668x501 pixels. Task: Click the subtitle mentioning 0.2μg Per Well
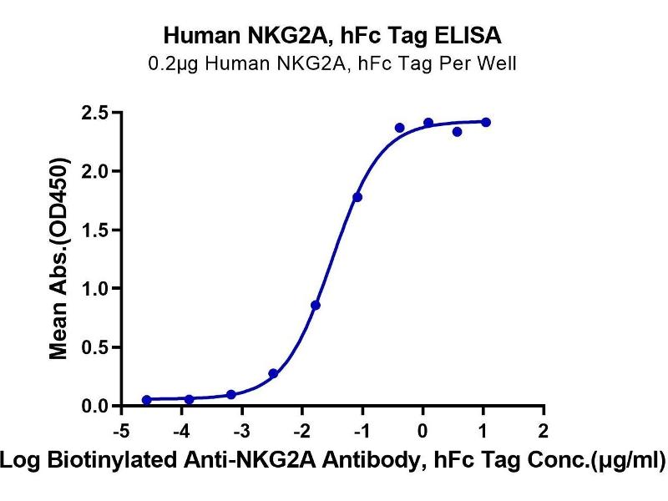333,63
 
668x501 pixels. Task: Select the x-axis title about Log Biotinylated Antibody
334,459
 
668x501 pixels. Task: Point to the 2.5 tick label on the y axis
94,113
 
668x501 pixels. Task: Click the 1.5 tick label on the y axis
94,230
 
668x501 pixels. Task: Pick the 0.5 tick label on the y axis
94,347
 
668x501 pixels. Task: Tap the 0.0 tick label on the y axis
94,407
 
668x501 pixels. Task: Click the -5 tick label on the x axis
121,430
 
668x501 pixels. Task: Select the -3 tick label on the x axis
241,430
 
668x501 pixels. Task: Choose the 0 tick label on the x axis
423,430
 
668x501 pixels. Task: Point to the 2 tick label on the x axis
544,430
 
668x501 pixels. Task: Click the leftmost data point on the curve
147,400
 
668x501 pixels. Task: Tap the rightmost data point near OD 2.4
486,122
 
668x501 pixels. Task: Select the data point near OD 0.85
316,305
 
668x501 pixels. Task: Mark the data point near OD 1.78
357,197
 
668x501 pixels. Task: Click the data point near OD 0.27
273,373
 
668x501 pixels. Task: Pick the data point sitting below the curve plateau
457,132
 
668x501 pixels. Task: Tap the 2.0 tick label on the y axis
94,171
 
